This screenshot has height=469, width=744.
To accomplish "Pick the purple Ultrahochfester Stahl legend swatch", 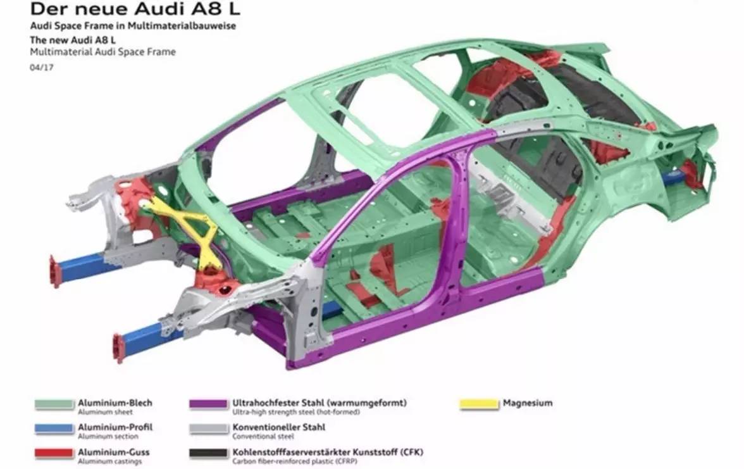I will point(208,404).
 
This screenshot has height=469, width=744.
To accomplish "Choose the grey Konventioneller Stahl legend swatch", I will point(208,428).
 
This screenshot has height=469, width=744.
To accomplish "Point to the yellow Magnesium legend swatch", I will point(478,404).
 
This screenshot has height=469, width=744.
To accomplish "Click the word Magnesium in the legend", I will point(527,403).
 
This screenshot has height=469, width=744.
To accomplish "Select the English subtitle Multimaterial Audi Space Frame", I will point(102,52).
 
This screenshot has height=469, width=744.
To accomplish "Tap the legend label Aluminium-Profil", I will point(115,427).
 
